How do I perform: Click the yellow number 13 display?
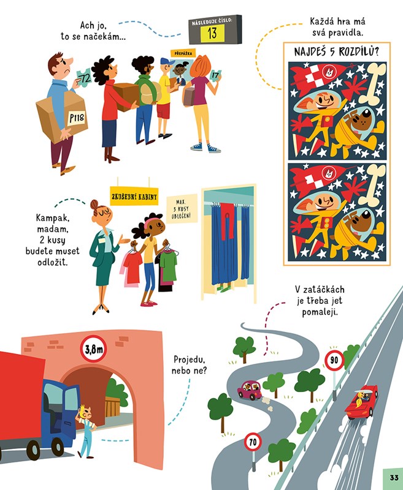click(212, 33)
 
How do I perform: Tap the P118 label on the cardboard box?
click(77, 118)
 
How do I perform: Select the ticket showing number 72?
click(84, 78)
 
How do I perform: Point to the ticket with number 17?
click(215, 75)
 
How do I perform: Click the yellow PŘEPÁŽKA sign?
click(183, 53)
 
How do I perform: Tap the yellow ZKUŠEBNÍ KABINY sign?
click(134, 196)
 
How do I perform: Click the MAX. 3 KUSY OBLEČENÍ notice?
click(182, 209)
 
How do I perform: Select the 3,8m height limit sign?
click(93, 349)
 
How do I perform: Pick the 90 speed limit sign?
click(334, 360)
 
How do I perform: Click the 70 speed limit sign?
click(253, 442)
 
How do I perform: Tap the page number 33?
click(394, 478)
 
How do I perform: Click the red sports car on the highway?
click(362, 402)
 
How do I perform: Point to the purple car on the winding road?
click(250, 390)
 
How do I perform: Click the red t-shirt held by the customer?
click(132, 268)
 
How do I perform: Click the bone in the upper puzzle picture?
click(371, 83)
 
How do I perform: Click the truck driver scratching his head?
click(86, 432)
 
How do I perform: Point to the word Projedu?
click(190, 360)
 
